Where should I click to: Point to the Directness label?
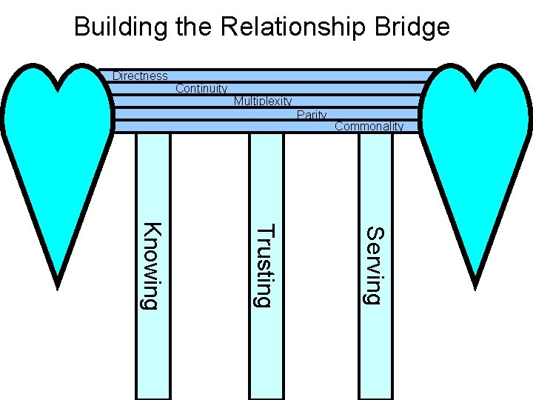click(x=140, y=76)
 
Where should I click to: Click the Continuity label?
click(x=201, y=89)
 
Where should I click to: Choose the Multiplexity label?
click(x=263, y=101)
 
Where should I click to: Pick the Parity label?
click(x=312, y=115)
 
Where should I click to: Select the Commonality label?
click(x=369, y=127)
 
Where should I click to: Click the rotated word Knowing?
click(x=151, y=266)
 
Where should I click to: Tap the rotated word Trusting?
click(x=264, y=265)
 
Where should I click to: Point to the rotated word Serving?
click(x=375, y=265)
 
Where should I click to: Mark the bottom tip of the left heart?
click(x=57, y=283)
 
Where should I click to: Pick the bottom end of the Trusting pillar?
click(x=266, y=396)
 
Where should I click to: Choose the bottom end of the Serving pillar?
click(x=375, y=396)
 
